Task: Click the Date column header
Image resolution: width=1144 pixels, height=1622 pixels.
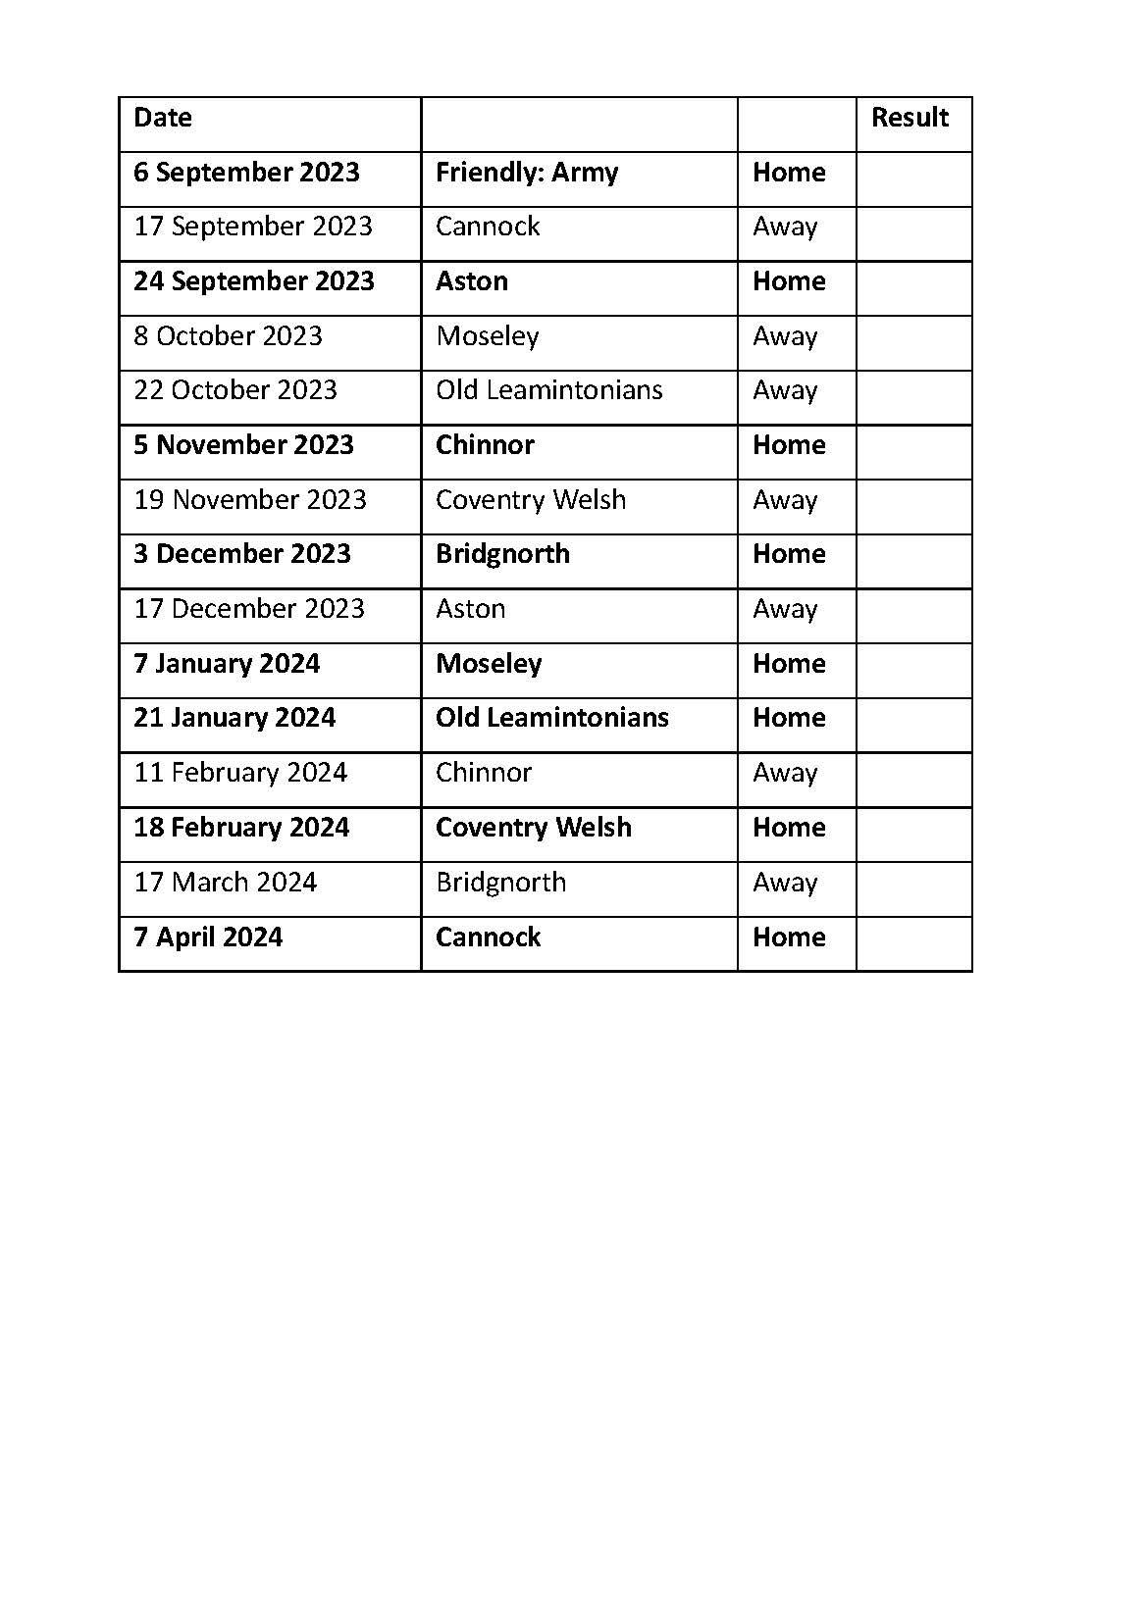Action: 163,118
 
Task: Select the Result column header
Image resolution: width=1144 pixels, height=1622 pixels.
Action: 910,118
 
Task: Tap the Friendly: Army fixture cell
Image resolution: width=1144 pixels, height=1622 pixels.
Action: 527,173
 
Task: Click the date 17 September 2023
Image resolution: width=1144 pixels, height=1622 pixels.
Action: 253,227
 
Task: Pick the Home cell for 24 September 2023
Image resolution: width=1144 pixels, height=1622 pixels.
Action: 789,281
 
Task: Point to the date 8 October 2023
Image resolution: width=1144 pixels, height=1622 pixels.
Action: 228,336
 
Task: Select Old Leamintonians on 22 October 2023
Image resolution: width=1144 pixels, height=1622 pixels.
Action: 549,390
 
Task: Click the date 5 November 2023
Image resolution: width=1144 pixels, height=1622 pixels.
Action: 243,445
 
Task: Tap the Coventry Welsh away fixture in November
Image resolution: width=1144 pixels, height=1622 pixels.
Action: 531,500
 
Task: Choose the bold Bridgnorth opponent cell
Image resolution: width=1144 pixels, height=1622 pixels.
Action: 502,554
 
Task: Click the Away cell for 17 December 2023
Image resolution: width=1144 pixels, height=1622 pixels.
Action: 785,609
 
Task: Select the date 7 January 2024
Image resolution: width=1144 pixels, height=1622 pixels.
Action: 227,664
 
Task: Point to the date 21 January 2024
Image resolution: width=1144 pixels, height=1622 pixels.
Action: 234,718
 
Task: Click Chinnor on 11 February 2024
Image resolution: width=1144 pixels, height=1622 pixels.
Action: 484,773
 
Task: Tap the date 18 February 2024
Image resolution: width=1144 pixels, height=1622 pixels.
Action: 241,828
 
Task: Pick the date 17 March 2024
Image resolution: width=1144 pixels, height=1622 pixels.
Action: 226,883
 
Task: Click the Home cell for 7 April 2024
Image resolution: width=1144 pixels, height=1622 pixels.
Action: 789,938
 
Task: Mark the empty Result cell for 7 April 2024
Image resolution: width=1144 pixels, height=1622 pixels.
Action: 913,943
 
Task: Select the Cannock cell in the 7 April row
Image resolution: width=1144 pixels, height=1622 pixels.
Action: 488,938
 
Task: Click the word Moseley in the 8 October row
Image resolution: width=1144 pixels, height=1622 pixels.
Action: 488,336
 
